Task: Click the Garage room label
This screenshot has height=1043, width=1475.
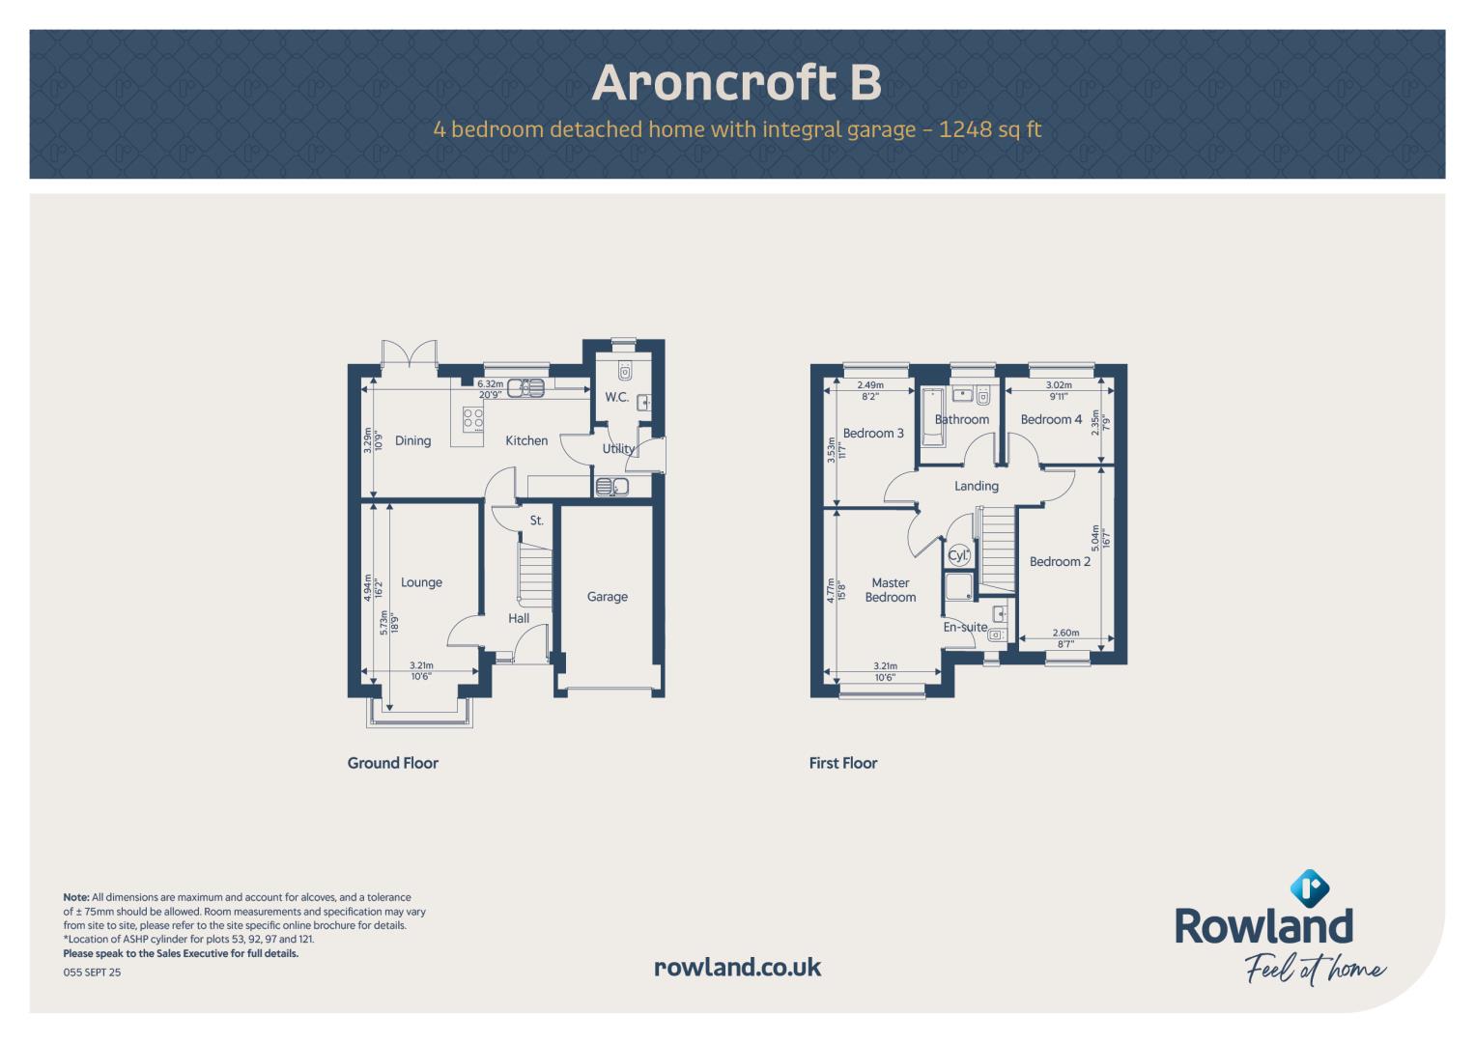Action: click(608, 597)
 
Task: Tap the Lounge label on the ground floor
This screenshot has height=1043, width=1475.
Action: click(421, 582)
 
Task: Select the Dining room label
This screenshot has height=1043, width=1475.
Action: click(412, 441)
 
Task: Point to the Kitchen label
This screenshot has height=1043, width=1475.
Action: click(526, 440)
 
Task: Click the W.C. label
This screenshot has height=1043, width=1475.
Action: click(617, 397)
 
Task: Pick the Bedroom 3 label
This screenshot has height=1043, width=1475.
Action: click(873, 434)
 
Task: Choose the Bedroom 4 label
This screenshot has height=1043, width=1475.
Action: click(1051, 419)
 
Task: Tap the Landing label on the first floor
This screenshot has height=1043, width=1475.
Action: click(977, 486)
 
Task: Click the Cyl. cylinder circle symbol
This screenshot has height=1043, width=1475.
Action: click(958, 555)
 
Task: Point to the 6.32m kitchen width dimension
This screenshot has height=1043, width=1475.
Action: click(490, 384)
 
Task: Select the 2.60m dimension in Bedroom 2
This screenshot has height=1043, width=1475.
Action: click(1065, 633)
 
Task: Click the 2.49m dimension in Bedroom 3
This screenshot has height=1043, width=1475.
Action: click(870, 385)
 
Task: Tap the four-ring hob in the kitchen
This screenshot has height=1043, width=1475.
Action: click(472, 419)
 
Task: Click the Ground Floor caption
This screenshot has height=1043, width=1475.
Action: click(392, 763)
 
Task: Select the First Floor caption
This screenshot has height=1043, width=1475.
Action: click(843, 763)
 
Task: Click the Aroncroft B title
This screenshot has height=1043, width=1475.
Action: click(737, 82)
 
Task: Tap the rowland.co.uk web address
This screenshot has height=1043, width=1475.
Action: click(738, 968)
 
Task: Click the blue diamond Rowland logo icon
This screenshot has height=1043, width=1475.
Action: click(1309, 888)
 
